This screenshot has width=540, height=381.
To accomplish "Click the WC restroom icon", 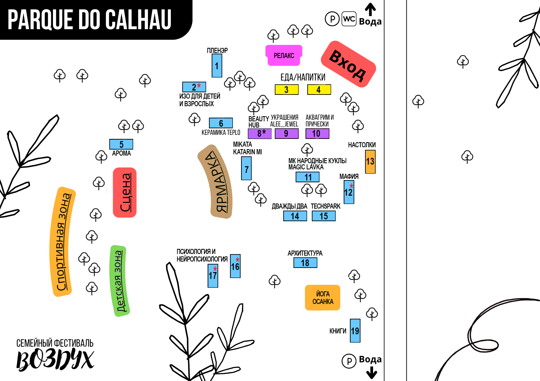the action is tap(349, 19).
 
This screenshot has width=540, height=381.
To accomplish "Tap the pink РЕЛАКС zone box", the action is tap(284, 55).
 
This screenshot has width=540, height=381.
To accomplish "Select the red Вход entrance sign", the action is tap(348, 64).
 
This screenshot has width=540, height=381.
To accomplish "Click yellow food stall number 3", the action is tap(287, 89).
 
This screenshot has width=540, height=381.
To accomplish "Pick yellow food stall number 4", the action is tap(319, 89).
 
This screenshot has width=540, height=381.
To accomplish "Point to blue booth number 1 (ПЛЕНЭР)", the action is tap(217, 66).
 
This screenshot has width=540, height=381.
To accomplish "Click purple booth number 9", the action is tap(287, 133).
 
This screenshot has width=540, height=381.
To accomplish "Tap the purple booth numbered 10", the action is tap(318, 133).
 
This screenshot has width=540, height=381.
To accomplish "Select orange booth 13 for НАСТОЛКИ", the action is tap(370, 162).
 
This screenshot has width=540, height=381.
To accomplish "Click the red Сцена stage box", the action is tap(125, 192).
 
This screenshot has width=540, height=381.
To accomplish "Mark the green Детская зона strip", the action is tap(119, 281).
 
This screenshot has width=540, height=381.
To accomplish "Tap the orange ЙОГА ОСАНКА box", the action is tap(323, 298).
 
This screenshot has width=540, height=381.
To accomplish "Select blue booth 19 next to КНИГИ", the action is tap(355, 331).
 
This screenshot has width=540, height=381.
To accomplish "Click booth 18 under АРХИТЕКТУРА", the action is tap(305, 263).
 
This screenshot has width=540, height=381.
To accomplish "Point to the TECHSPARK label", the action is tap(326, 206).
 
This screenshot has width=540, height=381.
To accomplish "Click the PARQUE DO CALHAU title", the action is tap(90, 19).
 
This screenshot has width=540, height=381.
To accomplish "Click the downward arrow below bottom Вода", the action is tap(372, 372).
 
